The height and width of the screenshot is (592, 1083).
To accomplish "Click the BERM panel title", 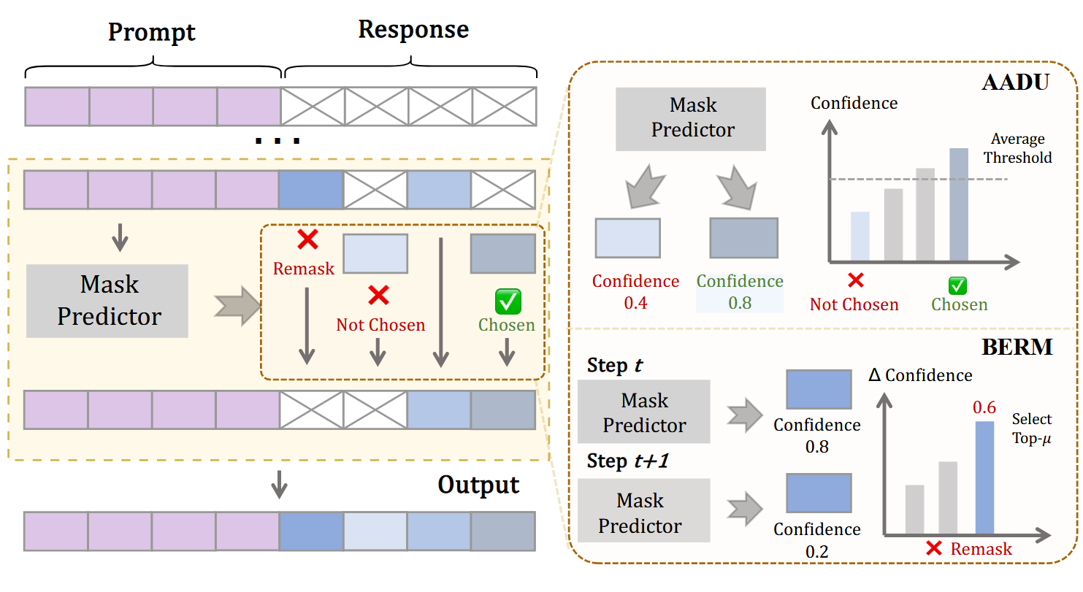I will (1017, 347).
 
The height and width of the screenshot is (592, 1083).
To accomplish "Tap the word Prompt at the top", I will (152, 33).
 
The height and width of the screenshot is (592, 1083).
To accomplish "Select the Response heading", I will (413, 30).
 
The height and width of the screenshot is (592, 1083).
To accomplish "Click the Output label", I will (478, 485).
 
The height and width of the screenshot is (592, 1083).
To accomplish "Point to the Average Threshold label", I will (1017, 148).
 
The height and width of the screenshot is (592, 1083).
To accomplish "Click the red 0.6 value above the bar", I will (984, 407).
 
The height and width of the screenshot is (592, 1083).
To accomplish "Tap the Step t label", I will (615, 365).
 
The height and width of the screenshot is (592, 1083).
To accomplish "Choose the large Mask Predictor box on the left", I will (107, 301).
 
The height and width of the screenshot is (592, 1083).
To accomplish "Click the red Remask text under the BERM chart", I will (981, 550).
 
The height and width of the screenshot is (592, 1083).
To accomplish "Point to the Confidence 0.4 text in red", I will (635, 291).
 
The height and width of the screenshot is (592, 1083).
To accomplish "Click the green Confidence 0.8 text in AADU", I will (739, 291).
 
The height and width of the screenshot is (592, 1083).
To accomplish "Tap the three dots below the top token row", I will (278, 139).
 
